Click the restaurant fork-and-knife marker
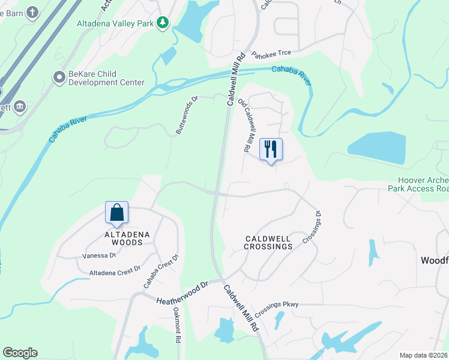(271, 149)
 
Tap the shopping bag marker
(116, 212)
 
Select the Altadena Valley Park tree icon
(162, 22)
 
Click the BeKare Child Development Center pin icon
(59, 77)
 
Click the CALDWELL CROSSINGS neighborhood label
(268, 242)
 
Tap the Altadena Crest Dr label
(115, 271)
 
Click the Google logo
(20, 353)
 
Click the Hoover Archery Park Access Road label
(423, 184)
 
